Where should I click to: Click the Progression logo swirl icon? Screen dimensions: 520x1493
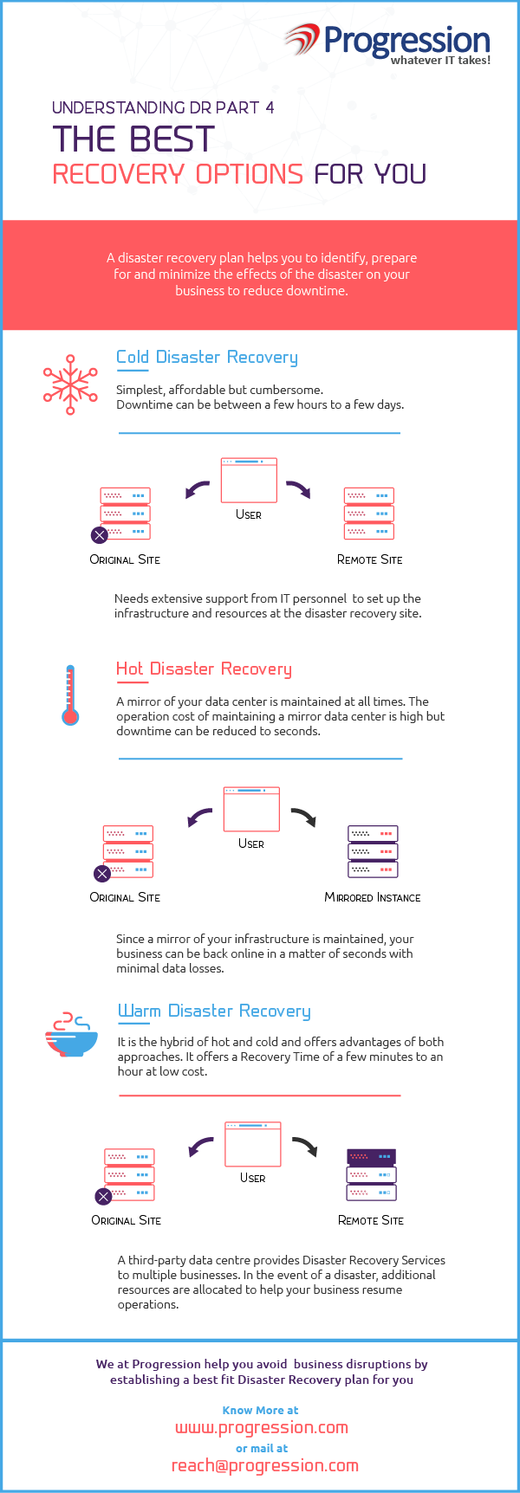coord(302,40)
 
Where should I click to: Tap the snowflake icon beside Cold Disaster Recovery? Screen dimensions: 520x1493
coord(70,384)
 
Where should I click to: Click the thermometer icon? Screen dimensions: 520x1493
coord(70,695)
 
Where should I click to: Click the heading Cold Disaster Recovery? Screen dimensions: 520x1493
coord(207,357)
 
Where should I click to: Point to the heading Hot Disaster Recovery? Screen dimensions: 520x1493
coord(204,669)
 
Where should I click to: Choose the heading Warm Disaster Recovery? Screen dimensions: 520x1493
coord(214,1011)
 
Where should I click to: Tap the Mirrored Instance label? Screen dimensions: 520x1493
coord(373,897)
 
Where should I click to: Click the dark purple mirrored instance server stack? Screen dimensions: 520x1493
coord(373,851)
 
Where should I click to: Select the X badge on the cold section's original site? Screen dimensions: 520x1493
coord(100,535)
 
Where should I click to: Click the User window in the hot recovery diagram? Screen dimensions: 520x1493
coord(251,809)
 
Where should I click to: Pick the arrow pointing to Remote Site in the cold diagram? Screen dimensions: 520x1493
coord(298,489)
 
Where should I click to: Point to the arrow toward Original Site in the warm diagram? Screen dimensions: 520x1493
coord(201,1147)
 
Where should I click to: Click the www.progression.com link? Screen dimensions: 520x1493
coord(262,1427)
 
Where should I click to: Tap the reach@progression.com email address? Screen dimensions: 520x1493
coord(265,1465)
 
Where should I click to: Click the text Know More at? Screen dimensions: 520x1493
coord(261,1410)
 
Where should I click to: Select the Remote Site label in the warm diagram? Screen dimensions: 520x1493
coord(371,1220)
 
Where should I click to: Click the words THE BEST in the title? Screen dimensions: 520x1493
coord(133,139)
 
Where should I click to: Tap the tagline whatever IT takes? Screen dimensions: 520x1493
coord(440,60)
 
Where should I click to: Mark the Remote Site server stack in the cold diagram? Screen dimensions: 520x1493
coord(369,514)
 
